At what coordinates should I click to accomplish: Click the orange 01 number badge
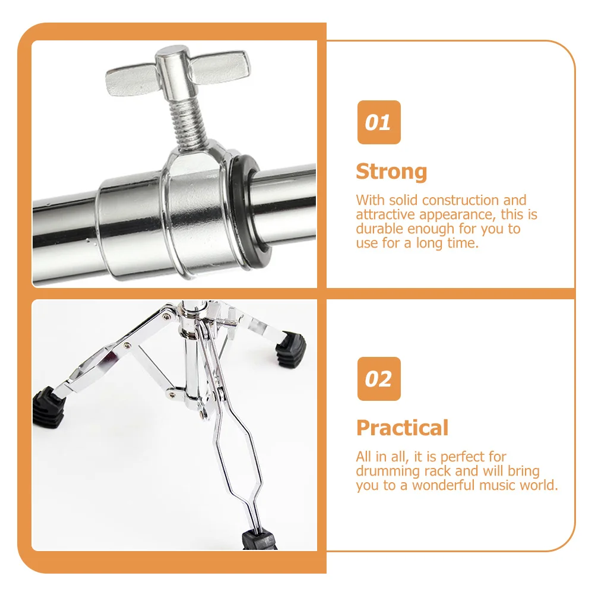pyautogui.click(x=378, y=122)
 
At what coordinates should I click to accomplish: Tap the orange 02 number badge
pyautogui.click(x=378, y=379)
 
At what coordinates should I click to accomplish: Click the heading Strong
pyautogui.click(x=391, y=172)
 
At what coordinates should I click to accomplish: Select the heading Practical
pyautogui.click(x=402, y=428)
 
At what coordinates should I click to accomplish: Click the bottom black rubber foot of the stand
pyautogui.click(x=259, y=540)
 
